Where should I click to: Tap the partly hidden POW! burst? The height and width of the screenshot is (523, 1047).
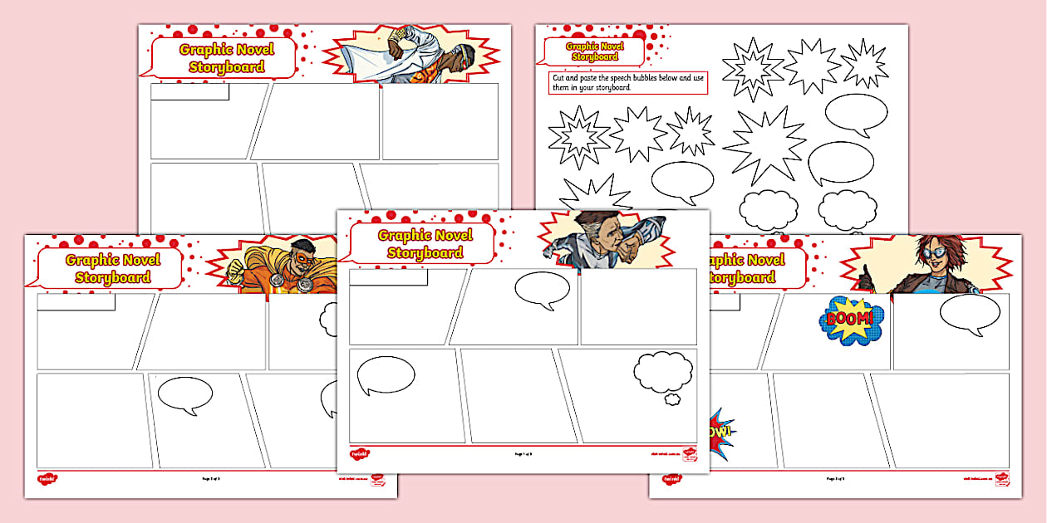pos(720,433)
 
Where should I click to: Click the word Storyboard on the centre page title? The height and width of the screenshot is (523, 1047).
pos(425,253)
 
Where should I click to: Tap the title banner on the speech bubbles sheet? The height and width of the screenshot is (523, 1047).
pos(594,51)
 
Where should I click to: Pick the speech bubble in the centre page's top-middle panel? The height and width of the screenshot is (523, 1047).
pos(542,290)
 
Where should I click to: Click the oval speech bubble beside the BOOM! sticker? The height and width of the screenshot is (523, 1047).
pos(970,313)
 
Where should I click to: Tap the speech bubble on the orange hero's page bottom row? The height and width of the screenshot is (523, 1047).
pos(184,395)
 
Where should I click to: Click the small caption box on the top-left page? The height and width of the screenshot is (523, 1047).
pos(189,91)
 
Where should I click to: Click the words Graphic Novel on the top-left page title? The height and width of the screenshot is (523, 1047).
pos(226,49)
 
